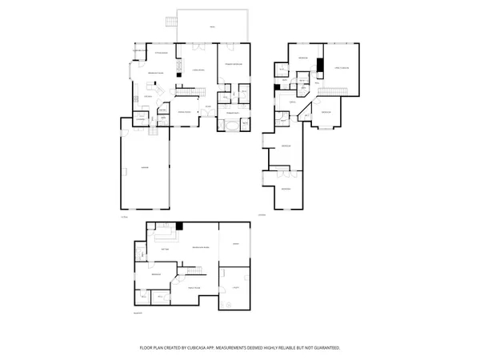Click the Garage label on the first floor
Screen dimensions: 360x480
click(x=145, y=167)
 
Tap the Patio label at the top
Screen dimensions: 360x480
click(x=212, y=27)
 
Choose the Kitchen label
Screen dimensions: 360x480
click(x=148, y=96)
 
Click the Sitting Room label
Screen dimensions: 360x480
click(x=160, y=54)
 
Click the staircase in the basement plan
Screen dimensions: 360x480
click(x=141, y=255)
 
